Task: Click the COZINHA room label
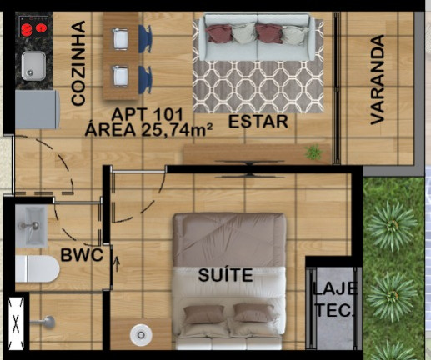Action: pyautogui.click(x=78, y=63)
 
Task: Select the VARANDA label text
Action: pyautogui.click(x=378, y=79)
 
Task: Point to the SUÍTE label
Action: pyautogui.click(x=225, y=274)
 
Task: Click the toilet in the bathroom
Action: pyautogui.click(x=36, y=269)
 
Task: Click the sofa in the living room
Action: pyautogui.click(x=256, y=41)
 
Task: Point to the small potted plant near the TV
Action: pyautogui.click(x=313, y=152)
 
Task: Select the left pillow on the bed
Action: pyautogui.click(x=205, y=314)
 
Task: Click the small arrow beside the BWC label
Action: pyautogui.click(x=117, y=268)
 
